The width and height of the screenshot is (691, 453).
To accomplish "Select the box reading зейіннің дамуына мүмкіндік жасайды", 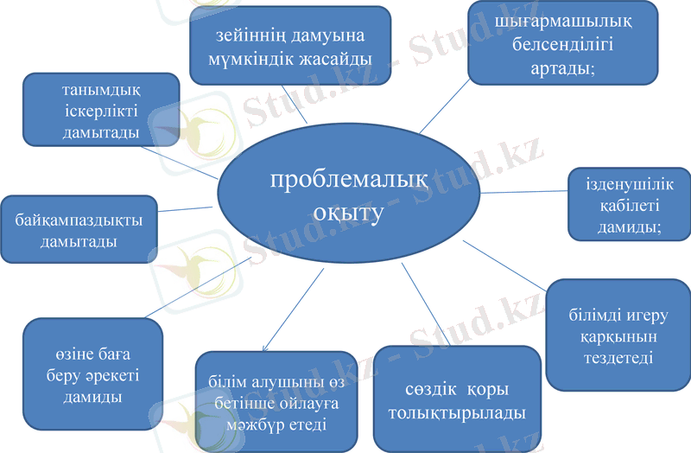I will [290, 47].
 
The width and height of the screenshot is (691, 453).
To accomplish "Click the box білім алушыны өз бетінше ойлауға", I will [276, 402].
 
